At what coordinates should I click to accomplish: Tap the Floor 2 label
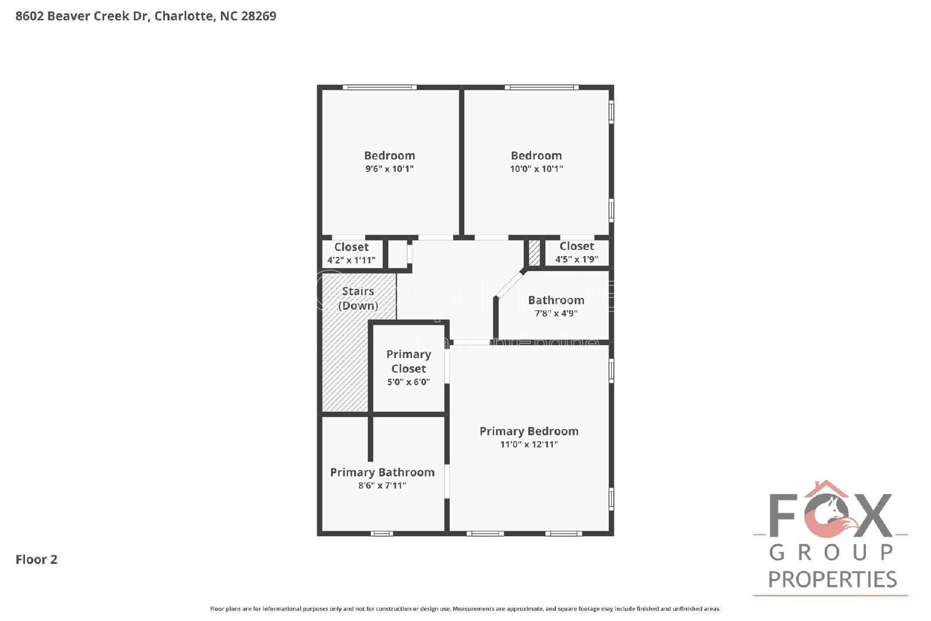click(36, 559)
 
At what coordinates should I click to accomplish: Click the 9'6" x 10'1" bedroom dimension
click(389, 169)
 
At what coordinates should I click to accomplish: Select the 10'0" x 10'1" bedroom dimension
click(536, 169)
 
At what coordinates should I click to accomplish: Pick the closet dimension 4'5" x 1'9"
click(576, 259)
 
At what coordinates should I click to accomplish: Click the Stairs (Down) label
click(358, 298)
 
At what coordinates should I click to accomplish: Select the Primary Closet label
click(408, 361)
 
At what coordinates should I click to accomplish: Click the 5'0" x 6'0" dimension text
click(408, 382)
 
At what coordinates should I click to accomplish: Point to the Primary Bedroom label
click(528, 431)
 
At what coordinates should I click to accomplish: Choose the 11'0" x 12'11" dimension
click(528, 444)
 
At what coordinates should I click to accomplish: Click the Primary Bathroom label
click(382, 473)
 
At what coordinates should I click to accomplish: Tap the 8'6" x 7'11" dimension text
click(382, 485)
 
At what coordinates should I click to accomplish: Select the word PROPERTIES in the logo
click(832, 579)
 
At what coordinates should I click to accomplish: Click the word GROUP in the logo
click(831, 551)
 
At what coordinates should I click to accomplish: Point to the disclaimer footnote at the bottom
click(465, 609)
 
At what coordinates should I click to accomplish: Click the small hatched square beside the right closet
click(534, 253)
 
